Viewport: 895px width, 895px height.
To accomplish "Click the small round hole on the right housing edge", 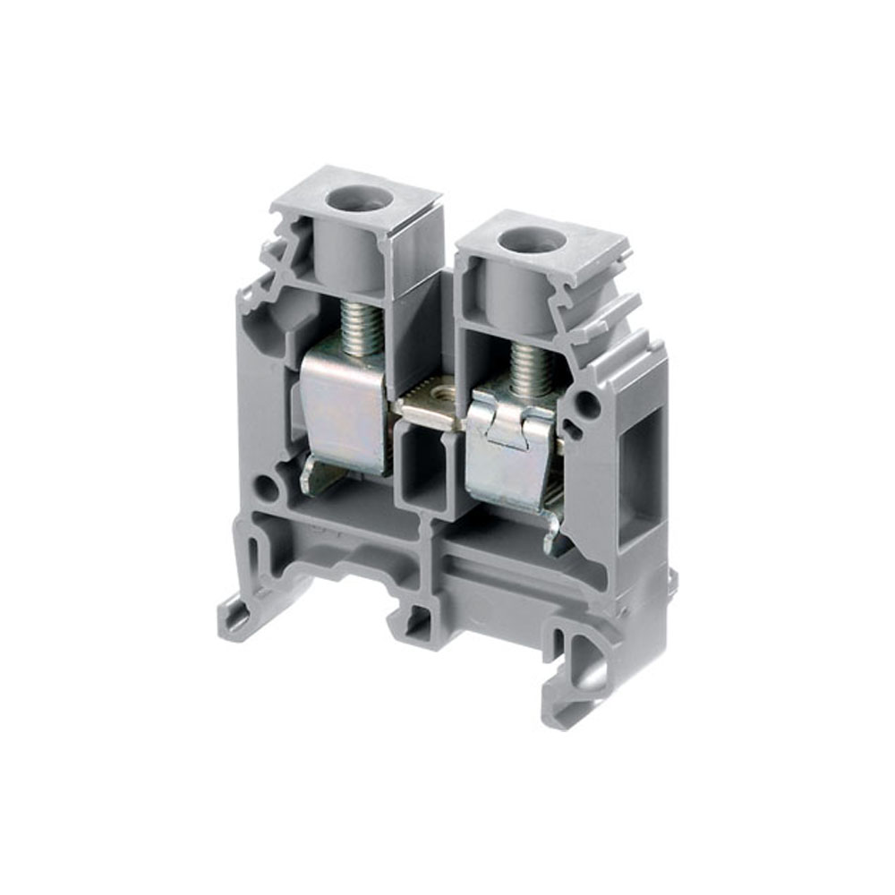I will (587, 405).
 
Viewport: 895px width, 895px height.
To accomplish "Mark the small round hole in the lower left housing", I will (267, 487).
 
